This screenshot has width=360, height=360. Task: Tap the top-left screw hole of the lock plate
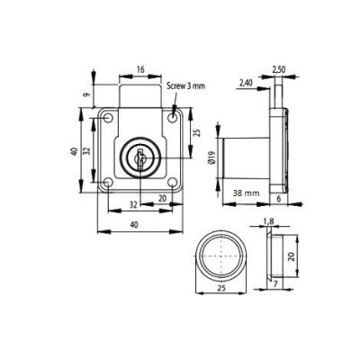(108, 119)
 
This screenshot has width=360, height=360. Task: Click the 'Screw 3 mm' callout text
(184, 86)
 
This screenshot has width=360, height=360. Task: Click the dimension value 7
(275, 285)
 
